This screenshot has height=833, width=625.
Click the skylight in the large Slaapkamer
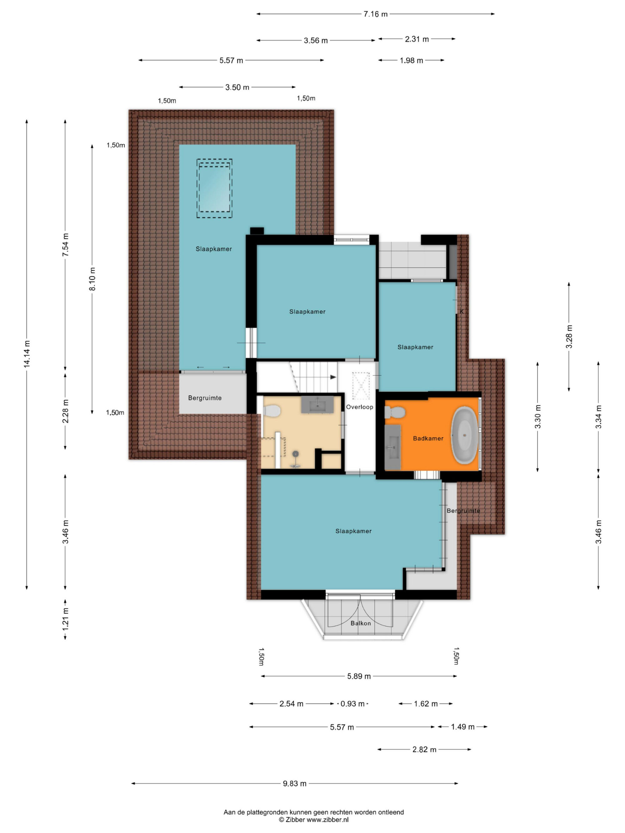click(214, 188)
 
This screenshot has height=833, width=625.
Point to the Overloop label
click(359, 407)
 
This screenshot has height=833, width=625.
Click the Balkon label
click(361, 623)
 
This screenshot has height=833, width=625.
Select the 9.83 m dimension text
click(295, 784)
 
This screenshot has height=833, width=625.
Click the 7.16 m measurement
click(375, 14)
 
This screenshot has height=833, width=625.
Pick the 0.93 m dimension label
click(352, 704)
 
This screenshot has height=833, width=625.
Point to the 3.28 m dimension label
click(569, 336)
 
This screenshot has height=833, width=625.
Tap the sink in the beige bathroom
click(317, 404)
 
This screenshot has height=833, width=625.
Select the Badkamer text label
click(428, 438)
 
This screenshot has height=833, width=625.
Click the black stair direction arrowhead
click(333, 377)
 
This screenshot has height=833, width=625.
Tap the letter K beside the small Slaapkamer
click(462, 312)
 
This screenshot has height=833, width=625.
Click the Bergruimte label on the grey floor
click(205, 398)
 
